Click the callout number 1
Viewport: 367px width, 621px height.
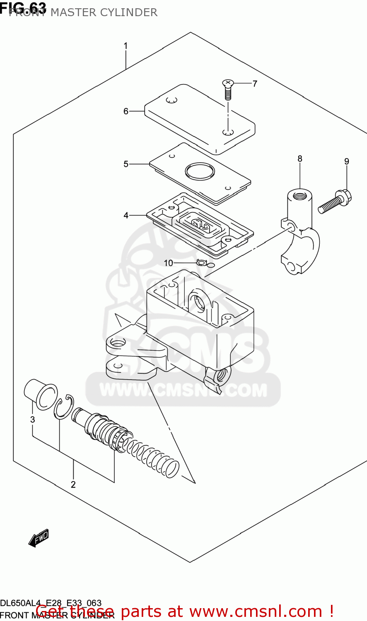coord(126,46)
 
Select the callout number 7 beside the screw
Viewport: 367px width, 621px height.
coord(255,84)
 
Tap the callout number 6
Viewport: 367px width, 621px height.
coord(126,111)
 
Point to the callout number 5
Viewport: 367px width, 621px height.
coord(126,164)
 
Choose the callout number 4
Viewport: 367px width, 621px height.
coord(126,215)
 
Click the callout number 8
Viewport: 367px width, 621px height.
coord(300,159)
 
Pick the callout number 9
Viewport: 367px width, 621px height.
coord(347,161)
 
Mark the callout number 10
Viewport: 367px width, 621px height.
coord(168,263)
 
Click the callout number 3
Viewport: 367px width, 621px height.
coord(33,419)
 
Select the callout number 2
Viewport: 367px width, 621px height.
coord(73,484)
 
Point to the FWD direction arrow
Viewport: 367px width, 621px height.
coord(39,538)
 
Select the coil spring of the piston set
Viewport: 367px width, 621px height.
coord(153,455)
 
